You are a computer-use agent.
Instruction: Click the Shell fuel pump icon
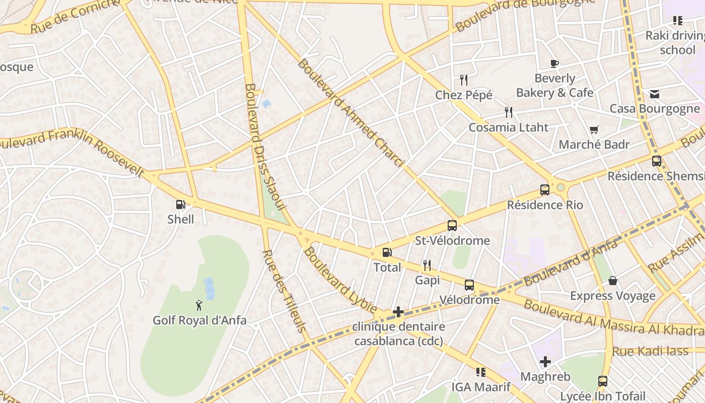click(180, 205)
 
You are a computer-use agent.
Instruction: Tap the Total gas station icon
click(387, 252)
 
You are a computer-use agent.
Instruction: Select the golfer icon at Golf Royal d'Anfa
click(199, 305)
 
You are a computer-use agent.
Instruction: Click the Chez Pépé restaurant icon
click(464, 80)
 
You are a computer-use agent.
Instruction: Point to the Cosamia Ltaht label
click(508, 127)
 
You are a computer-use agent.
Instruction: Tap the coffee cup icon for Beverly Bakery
click(554, 63)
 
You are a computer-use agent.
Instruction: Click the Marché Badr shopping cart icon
click(594, 130)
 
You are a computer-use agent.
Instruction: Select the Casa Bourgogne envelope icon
click(654, 94)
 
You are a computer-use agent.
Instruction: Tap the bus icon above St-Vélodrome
click(452, 225)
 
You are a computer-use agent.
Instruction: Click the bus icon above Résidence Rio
click(544, 190)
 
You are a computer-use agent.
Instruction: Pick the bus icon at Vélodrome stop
click(469, 285)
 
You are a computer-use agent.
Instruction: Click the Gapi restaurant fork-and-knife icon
click(427, 265)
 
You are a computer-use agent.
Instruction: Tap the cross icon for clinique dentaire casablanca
click(398, 312)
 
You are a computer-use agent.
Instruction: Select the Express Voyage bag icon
click(612, 281)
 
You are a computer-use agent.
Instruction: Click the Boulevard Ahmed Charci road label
click(350, 113)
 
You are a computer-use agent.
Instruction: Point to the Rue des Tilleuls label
click(285, 291)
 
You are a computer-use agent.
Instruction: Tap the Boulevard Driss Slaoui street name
click(265, 146)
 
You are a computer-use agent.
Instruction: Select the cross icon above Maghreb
click(545, 362)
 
